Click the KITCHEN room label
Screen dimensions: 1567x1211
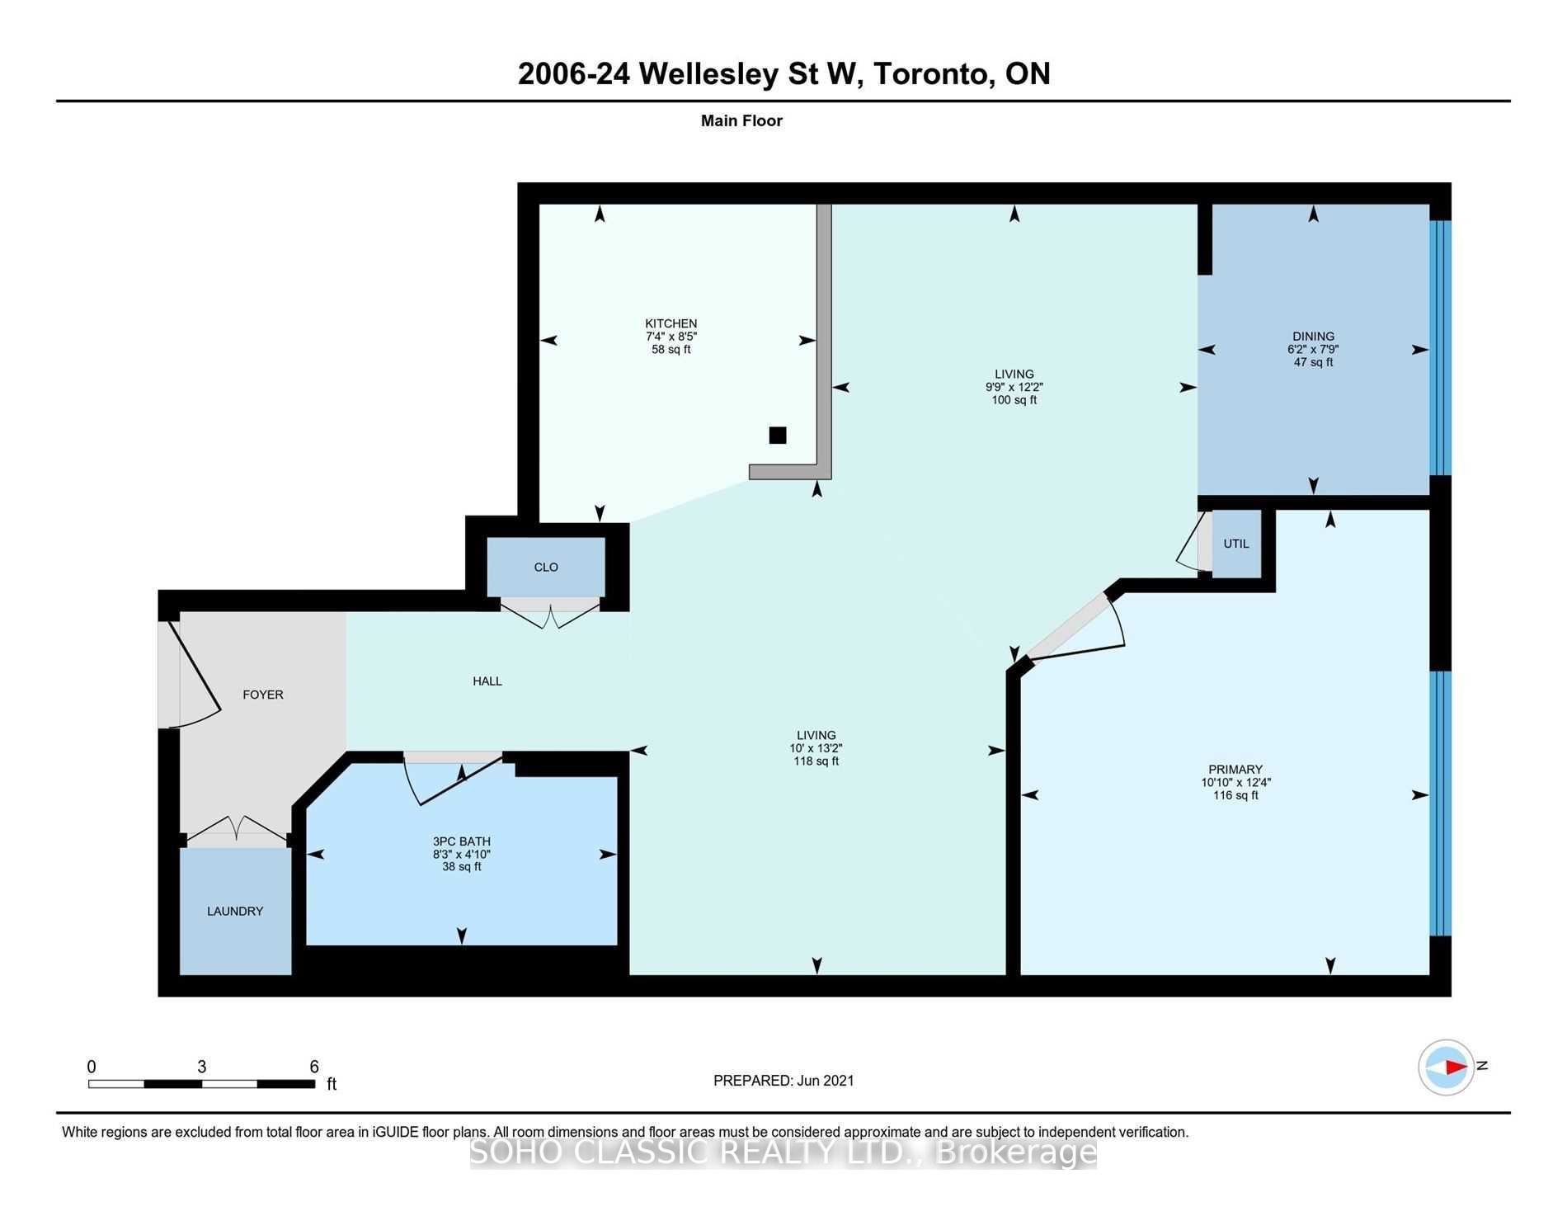[671, 323]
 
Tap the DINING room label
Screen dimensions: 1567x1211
[1313, 337]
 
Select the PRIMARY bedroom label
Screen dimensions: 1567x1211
[1235, 770]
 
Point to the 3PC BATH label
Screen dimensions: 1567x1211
[462, 841]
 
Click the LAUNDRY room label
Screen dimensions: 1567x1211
[235, 911]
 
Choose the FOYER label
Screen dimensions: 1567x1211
[263, 695]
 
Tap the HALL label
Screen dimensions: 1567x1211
[487, 681]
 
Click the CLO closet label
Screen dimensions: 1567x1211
[546, 567]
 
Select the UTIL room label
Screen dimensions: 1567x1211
[1236, 544]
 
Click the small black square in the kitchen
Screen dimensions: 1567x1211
[778, 435]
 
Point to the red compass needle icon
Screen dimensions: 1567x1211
[1456, 1067]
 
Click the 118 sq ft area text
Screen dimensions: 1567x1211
[816, 761]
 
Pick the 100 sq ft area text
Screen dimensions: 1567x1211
[1014, 400]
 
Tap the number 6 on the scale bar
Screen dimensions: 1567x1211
[314, 1067]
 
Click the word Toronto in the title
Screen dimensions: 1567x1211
[932, 73]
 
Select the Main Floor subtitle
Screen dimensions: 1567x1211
[741, 120]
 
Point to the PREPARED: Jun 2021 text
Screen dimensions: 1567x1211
[783, 1080]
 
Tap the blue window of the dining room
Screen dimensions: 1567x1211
[1440, 347]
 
